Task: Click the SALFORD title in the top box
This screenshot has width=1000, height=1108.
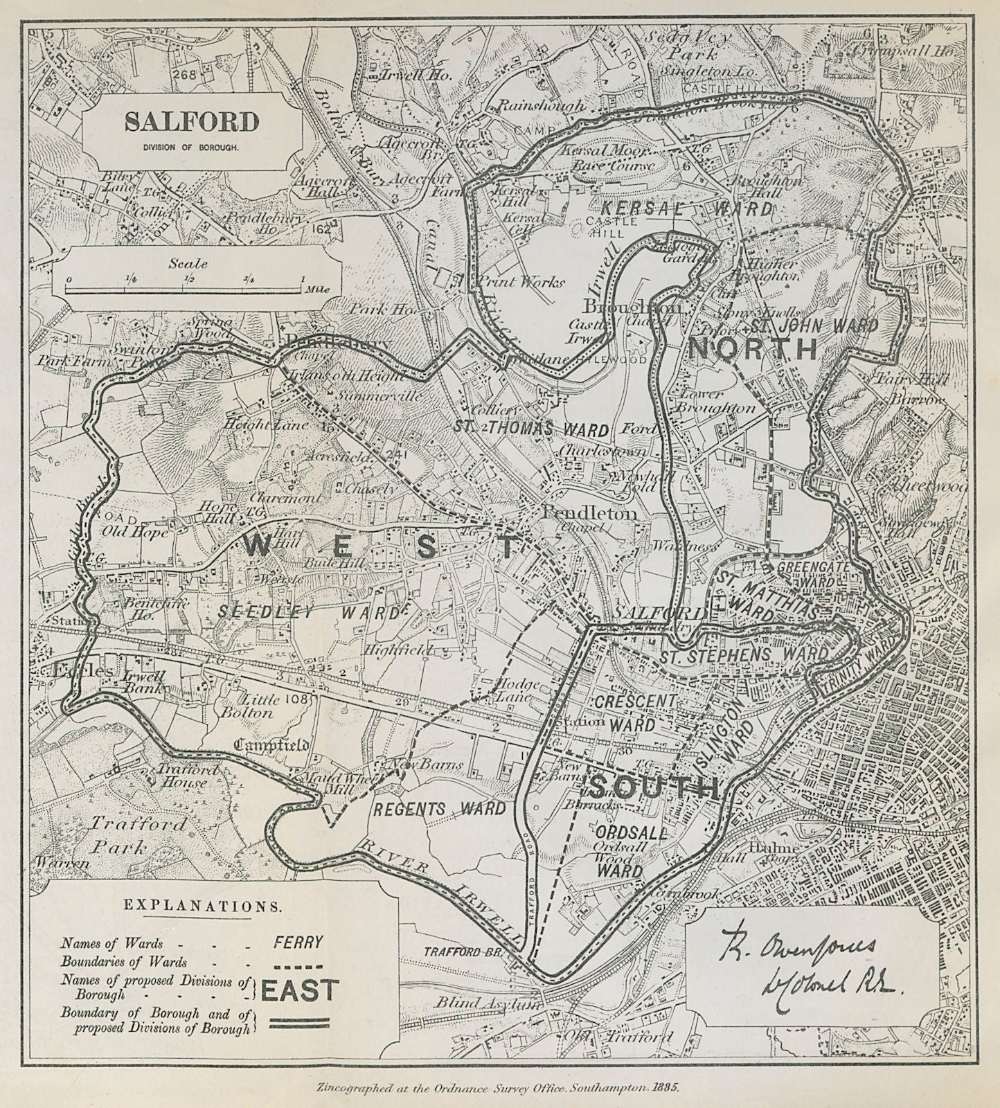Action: [192, 123]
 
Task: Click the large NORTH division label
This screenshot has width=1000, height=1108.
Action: [753, 349]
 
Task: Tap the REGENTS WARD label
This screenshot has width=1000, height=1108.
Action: [440, 809]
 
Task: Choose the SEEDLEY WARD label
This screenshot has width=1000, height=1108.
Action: [310, 612]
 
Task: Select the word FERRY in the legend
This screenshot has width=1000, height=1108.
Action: [298, 942]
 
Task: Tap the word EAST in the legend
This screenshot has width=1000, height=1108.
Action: [300, 990]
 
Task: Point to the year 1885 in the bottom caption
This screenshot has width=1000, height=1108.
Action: [664, 1087]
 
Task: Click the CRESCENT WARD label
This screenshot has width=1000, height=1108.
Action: [634, 712]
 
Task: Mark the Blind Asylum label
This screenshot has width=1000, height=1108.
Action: [487, 1003]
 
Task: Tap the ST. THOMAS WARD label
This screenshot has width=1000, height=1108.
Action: [531, 429]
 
